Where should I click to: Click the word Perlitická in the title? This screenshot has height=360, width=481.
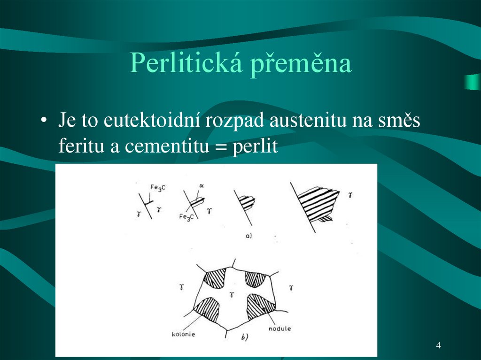[186, 63]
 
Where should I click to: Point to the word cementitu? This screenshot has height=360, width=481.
[166, 146]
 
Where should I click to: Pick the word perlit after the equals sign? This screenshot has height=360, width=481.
[255, 147]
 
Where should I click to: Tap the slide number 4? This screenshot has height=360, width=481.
[438, 345]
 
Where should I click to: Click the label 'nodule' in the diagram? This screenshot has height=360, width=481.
[279, 328]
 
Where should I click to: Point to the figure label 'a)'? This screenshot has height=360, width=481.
[249, 236]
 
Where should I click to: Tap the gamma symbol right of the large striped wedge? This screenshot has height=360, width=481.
[351, 194]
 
